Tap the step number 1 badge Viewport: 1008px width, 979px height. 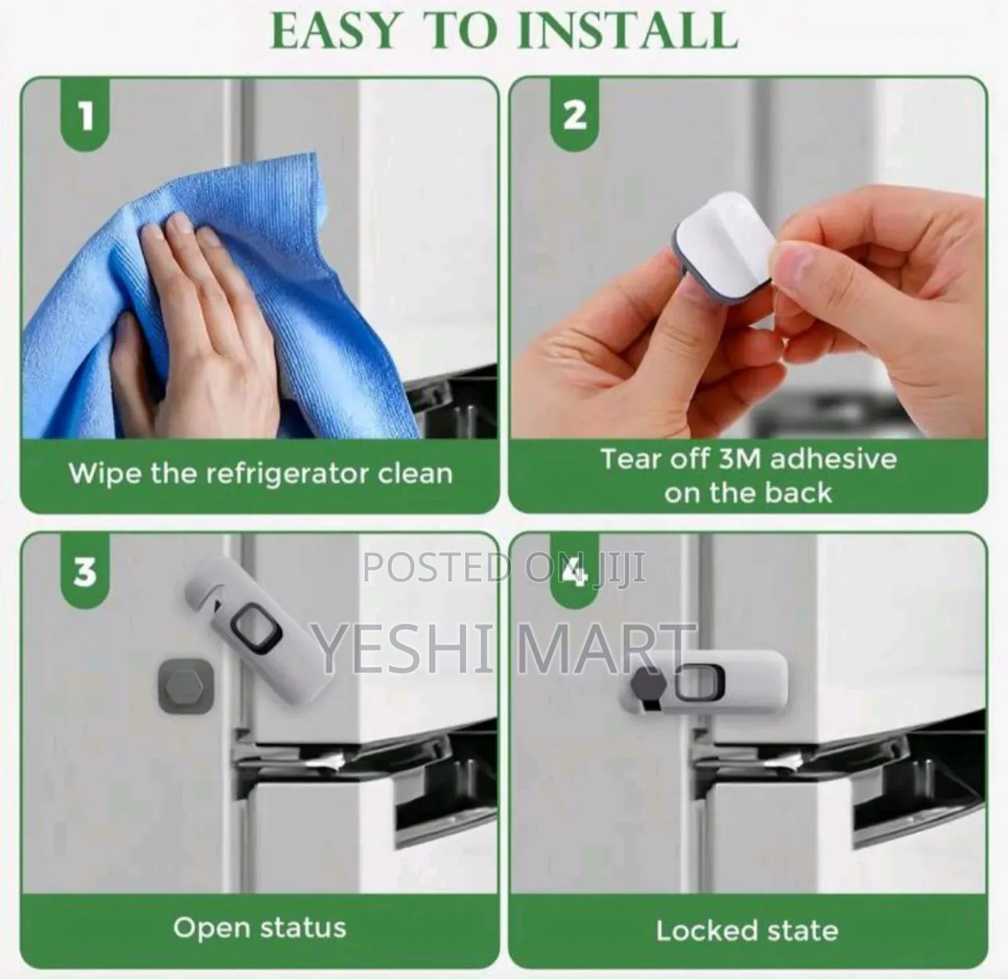coord(85,116)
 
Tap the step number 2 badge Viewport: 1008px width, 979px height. coord(573,116)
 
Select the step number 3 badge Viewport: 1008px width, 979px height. coord(85,572)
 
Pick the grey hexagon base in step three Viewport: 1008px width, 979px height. coord(183,685)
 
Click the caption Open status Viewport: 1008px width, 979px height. coord(260,927)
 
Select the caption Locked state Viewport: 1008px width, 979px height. coord(747,930)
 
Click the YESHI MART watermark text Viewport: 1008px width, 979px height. coord(501,647)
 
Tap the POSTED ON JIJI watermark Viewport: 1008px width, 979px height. coord(504,568)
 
